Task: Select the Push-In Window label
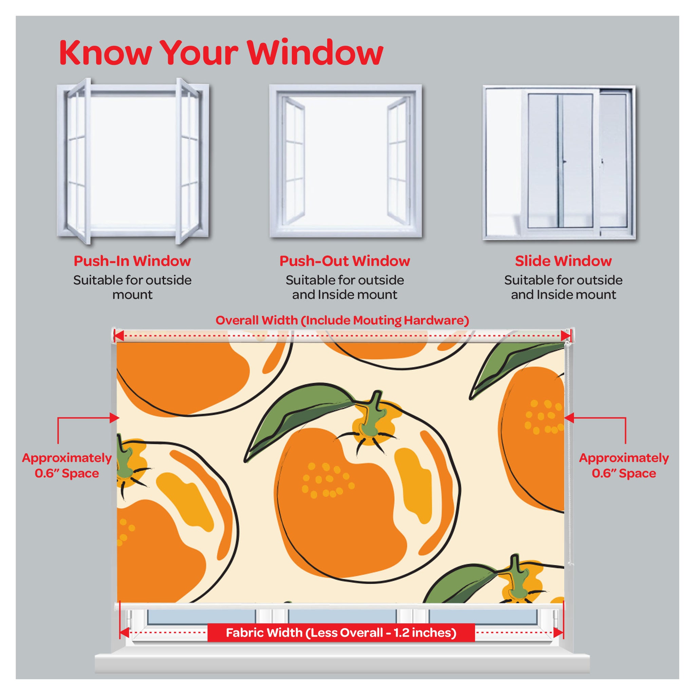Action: click(x=132, y=261)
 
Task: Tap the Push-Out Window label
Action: click(x=345, y=261)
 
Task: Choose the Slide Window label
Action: click(x=563, y=261)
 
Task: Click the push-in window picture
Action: click(x=133, y=161)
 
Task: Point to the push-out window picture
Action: click(x=346, y=161)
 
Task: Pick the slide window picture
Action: click(x=559, y=162)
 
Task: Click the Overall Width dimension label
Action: click(x=342, y=320)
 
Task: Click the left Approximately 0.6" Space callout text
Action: click(x=67, y=466)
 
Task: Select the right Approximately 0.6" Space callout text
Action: click(x=624, y=466)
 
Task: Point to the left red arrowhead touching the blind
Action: click(x=115, y=418)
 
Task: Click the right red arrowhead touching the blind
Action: click(x=569, y=418)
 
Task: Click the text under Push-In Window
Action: click(x=132, y=287)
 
